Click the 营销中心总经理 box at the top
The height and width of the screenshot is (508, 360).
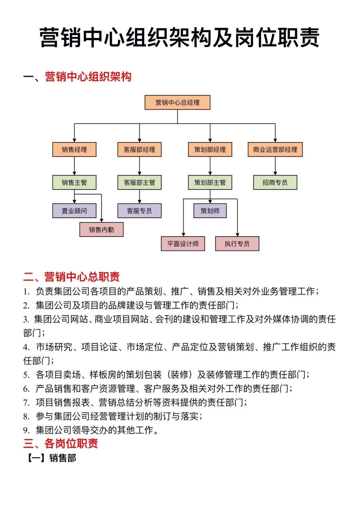(x=177, y=102)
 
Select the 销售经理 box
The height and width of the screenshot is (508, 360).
(x=74, y=149)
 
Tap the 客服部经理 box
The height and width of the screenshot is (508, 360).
(x=139, y=149)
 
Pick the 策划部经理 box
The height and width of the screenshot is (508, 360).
(x=210, y=149)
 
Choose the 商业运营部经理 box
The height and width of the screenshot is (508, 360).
(x=275, y=149)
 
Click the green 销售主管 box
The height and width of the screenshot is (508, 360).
(x=74, y=182)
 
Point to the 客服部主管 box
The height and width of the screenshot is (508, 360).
(x=139, y=182)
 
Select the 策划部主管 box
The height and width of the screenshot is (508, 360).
(x=210, y=182)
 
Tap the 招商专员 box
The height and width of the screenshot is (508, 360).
(x=275, y=182)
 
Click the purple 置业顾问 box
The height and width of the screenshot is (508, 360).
(x=74, y=211)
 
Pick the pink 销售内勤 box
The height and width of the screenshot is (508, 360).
(x=101, y=229)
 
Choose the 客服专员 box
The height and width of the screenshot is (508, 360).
(x=139, y=211)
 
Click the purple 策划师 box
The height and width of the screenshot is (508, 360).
(x=210, y=211)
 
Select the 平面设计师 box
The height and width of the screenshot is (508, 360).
(x=183, y=244)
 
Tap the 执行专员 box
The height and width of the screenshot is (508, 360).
(x=237, y=244)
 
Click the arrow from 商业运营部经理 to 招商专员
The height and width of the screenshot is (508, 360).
(x=275, y=166)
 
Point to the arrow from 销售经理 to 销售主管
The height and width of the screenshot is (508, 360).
(x=74, y=166)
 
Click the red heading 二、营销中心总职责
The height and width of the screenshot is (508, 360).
(x=71, y=277)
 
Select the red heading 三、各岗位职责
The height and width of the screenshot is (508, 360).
(x=61, y=444)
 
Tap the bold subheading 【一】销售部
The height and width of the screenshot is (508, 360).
(x=51, y=458)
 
